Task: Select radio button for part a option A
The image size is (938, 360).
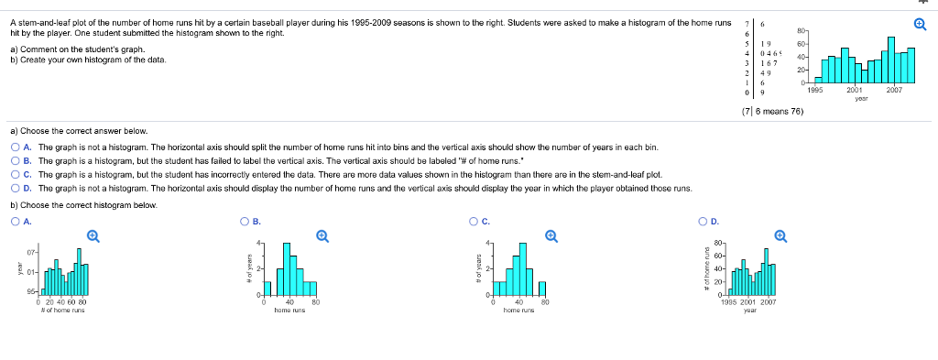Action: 16,147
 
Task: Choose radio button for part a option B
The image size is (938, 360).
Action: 16,159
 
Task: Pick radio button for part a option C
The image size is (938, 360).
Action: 16,173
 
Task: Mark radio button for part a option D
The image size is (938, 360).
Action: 16,187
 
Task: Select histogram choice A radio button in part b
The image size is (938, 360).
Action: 16,221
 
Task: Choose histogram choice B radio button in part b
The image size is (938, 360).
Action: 244,221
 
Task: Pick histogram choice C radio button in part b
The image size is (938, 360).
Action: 474,221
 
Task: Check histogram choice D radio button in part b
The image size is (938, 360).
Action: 702,221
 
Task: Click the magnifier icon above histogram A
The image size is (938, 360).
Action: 93,235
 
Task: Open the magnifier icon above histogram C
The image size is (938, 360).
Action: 551,235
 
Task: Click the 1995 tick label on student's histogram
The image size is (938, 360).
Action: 816,91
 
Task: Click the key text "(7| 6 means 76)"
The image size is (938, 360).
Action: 772,111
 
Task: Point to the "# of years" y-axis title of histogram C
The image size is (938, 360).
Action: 476,266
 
